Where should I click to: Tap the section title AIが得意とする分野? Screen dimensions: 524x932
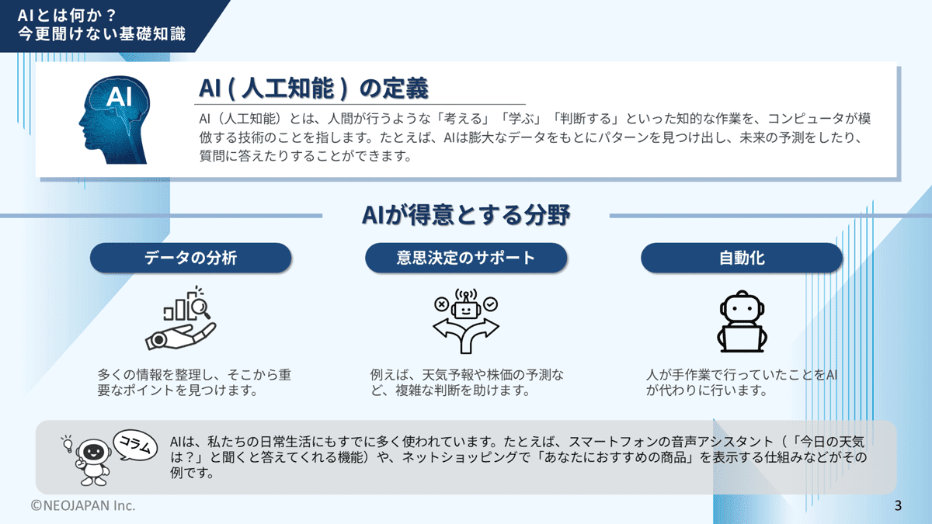(466, 215)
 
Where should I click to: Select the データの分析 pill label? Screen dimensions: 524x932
(190, 258)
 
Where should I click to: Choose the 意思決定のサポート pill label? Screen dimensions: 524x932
(465, 258)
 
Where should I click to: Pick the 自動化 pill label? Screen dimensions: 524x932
(741, 258)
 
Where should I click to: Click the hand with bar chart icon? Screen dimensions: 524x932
(182, 321)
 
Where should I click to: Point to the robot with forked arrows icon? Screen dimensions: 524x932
(465, 321)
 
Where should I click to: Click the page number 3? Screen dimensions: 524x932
(898, 506)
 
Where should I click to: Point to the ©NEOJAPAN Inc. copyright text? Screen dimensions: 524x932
(83, 505)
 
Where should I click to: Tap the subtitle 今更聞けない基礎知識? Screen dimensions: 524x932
(102, 34)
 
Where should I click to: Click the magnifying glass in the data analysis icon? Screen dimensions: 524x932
(201, 308)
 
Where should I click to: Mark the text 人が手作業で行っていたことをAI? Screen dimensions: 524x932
(741, 374)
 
